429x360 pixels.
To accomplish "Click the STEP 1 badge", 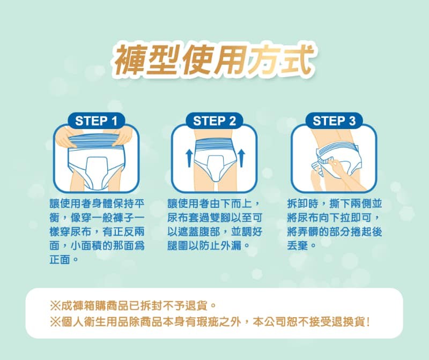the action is click(x=96, y=121).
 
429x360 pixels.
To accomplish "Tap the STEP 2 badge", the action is click(x=214, y=121).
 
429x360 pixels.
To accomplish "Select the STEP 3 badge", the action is click(x=334, y=121).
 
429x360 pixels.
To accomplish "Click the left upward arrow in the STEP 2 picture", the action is click(x=189, y=158).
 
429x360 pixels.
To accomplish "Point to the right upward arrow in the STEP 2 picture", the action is click(x=241, y=158).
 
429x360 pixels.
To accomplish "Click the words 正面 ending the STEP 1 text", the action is click(x=60, y=259).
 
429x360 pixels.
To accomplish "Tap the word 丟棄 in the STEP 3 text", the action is click(x=298, y=245).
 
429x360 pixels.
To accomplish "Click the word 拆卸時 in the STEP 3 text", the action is click(x=303, y=204).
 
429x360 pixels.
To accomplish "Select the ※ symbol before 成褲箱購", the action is click(x=55, y=305).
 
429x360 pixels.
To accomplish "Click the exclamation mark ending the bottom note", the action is click(x=368, y=322).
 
